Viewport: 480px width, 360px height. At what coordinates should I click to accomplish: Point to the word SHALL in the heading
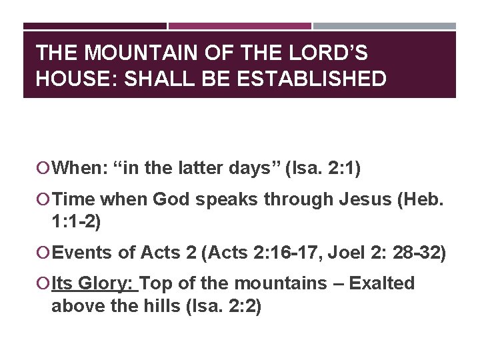pyautogui.click(x=147, y=79)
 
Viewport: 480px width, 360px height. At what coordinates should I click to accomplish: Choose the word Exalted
pyautogui.click(x=382, y=284)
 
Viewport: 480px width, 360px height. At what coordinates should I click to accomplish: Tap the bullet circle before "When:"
pyautogui.click(x=44, y=169)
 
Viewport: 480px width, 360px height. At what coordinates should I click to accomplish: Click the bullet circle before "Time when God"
pyautogui.click(x=44, y=199)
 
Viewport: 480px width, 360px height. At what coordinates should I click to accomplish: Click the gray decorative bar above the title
pyautogui.click(x=385, y=26)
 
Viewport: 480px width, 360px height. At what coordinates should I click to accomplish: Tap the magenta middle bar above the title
pyautogui.click(x=239, y=26)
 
